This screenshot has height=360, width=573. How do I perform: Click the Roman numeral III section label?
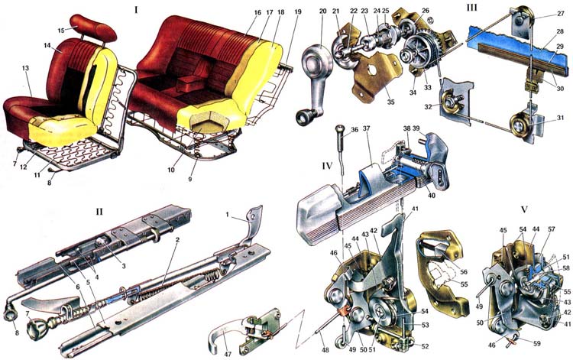471,7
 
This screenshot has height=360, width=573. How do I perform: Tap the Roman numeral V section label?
525,209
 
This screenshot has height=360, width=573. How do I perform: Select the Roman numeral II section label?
99,212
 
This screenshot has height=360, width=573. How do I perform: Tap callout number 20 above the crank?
322,11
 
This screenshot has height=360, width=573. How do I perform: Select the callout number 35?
390,102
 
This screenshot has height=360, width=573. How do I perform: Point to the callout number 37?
367,128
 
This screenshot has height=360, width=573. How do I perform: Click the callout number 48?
325,350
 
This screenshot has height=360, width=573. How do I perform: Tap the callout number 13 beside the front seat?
25,68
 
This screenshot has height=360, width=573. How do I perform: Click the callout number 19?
298,11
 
